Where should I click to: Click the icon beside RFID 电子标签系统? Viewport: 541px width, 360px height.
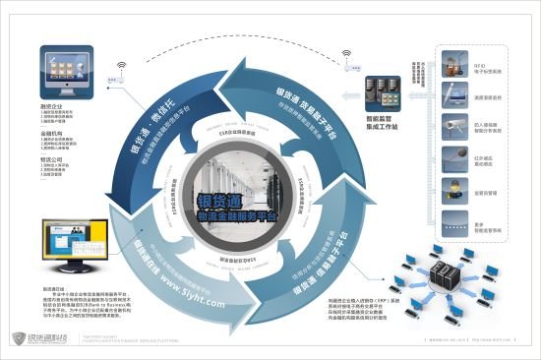point(454,64)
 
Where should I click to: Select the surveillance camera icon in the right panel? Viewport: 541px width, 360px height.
point(454,125)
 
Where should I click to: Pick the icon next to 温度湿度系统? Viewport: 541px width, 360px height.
point(454,94)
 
